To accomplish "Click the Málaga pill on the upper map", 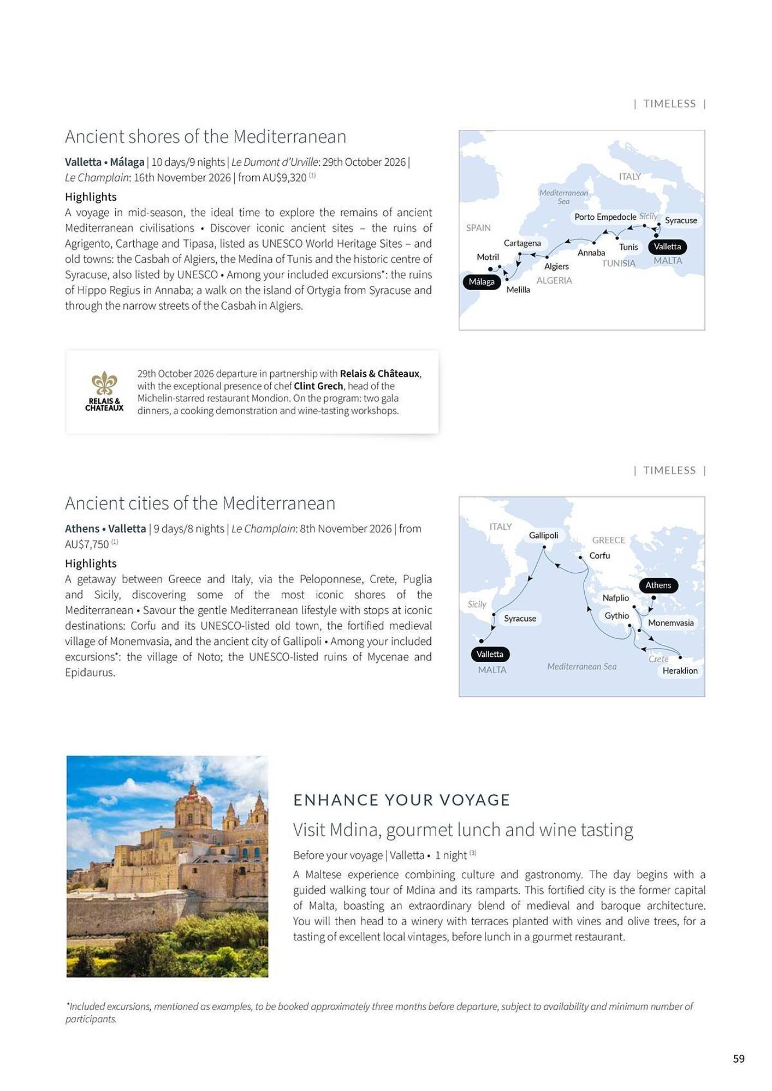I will (482, 281).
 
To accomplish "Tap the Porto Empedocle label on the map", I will (605, 217).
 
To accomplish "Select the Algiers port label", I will (556, 266).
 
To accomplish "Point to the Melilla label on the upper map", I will (518, 290).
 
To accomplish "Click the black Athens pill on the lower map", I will (658, 585).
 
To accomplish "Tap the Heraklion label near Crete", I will (680, 670).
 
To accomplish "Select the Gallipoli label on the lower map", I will (543, 535).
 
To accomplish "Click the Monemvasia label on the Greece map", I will (670, 622).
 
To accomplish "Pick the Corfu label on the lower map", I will (599, 555).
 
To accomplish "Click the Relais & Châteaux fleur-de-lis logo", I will (104, 383).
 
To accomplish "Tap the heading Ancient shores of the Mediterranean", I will (205, 136).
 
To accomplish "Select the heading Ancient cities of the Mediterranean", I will (200, 503).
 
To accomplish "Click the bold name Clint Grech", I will (318, 386).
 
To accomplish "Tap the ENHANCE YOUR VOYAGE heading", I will (401, 800).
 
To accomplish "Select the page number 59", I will (738, 1059).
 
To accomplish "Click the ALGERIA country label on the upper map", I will (554, 280).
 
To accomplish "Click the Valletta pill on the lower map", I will (490, 654).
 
